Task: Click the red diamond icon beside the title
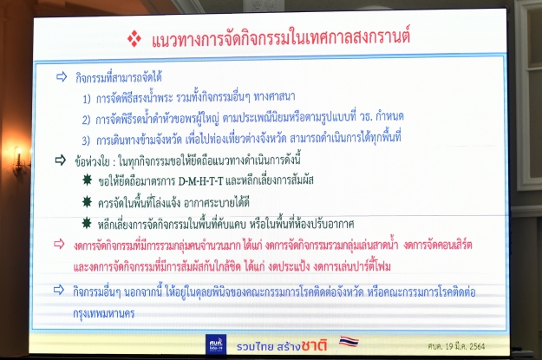(x=134, y=39)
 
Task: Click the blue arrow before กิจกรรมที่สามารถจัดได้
(x=62, y=77)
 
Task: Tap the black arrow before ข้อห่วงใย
(x=61, y=160)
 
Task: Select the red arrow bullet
(x=59, y=244)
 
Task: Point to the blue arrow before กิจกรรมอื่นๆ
(x=59, y=290)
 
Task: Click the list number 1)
(x=87, y=99)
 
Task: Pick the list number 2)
(x=86, y=120)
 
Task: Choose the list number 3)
(x=86, y=141)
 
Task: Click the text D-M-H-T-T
(x=201, y=181)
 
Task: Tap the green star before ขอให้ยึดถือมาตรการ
(x=87, y=180)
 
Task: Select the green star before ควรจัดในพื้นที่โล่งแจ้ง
(x=87, y=201)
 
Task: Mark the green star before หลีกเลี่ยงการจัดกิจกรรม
(x=87, y=223)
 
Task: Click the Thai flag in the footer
(x=349, y=342)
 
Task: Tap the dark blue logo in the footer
(x=216, y=344)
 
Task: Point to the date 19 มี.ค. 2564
(x=465, y=346)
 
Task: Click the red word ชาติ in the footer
(x=314, y=345)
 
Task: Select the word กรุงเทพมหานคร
(x=104, y=314)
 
